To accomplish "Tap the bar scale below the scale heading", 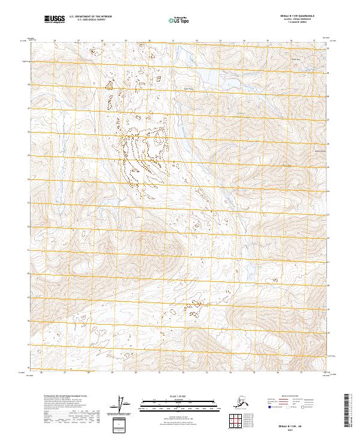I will pos(170,401).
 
